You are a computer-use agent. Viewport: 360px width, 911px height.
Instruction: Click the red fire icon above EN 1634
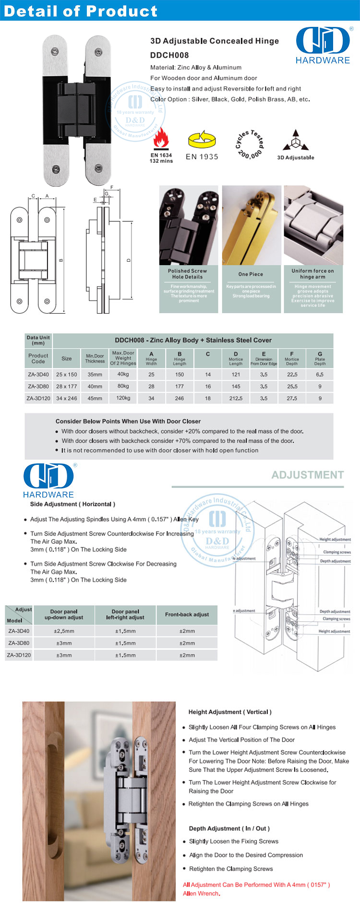click(x=161, y=139)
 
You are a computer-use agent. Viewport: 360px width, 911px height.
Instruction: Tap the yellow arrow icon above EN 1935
click(x=202, y=139)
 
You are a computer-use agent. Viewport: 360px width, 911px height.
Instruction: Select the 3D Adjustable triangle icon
click(x=296, y=140)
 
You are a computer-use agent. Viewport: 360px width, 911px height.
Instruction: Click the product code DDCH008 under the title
click(x=169, y=55)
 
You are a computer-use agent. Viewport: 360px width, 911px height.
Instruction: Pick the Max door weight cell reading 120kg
click(x=123, y=398)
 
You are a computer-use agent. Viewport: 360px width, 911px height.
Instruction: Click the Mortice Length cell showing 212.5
click(x=236, y=398)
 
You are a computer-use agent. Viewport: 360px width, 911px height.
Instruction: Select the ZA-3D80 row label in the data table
click(x=38, y=386)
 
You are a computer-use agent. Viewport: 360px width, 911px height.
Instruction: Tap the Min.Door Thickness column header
click(x=95, y=358)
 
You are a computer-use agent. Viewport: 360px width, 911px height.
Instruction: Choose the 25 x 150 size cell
click(x=67, y=374)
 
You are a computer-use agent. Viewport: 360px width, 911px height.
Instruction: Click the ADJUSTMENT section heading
click(x=308, y=475)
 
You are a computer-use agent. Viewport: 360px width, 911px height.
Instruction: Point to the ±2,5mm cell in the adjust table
click(x=64, y=631)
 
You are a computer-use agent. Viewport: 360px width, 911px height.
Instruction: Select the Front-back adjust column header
click(x=187, y=614)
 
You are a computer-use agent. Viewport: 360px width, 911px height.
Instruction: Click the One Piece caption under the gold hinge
click(x=251, y=274)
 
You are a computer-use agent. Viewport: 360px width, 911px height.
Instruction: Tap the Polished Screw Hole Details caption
click(x=188, y=274)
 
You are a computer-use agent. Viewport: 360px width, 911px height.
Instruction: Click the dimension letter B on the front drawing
click(x=61, y=260)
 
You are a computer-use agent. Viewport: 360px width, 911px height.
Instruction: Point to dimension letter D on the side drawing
click(x=129, y=260)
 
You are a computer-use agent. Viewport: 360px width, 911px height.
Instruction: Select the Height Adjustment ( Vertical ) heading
click(x=230, y=712)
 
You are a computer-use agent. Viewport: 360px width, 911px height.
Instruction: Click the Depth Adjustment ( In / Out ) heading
click(x=229, y=828)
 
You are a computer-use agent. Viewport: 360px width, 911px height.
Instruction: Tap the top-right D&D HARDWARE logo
click(x=323, y=46)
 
